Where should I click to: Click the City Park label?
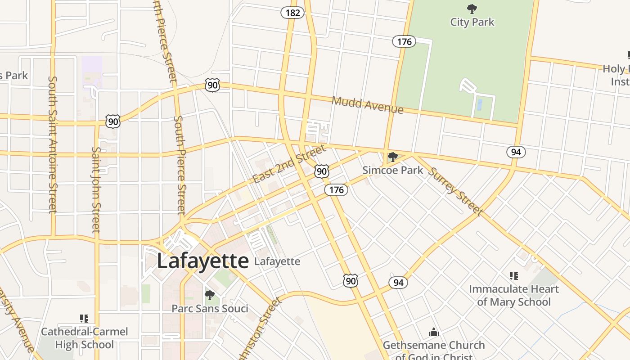coord(472,22)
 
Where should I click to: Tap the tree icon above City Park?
coord(472,9)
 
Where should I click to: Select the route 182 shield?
coord(292,13)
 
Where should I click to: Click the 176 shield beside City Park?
coord(404,42)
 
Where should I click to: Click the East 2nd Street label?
coord(288,164)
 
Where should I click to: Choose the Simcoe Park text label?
coord(393,170)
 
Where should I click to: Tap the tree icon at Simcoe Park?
coord(393,157)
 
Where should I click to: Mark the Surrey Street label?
coord(455,191)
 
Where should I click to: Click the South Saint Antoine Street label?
coord(53,144)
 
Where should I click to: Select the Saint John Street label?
coord(96,189)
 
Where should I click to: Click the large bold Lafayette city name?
coord(202,261)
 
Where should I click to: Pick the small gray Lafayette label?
coord(277,261)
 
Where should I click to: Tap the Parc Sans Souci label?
coord(210,309)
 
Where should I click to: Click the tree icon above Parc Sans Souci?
coord(209,295)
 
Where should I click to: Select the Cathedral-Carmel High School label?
coord(84,338)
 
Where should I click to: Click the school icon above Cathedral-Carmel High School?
coord(84,319)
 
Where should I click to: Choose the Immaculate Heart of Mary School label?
coord(514,295)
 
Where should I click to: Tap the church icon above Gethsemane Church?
coord(433,332)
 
